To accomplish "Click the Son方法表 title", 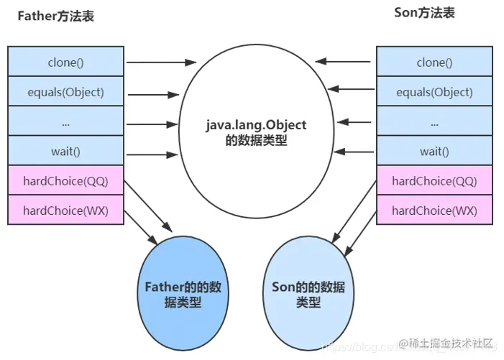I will coord(425,13).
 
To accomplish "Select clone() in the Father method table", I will coord(65,63).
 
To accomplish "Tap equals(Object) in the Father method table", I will coord(65,92).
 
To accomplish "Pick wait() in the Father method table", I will coord(65,151).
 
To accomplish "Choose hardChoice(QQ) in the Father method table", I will coord(65,181).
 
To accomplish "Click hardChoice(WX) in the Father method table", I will coord(65,211).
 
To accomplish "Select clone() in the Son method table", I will coord(434,63).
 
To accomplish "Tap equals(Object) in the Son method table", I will coord(434,92).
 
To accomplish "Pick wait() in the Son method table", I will coord(434,151).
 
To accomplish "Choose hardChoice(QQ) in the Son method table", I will coord(434,181).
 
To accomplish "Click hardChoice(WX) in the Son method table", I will coord(434,211).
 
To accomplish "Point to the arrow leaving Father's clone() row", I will coord(162,63).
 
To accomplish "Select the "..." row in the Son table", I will coord(434,122).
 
